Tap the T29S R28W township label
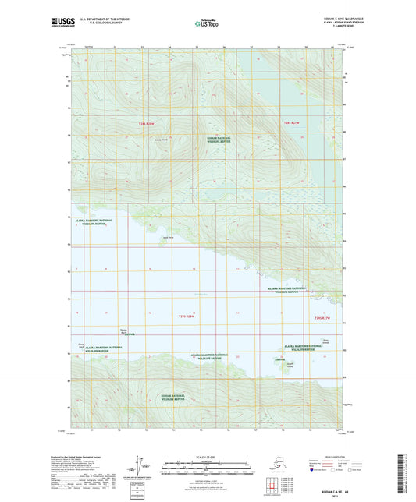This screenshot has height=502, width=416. point(179,316)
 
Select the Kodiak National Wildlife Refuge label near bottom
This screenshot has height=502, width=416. point(173,398)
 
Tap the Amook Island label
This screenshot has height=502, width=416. point(290,364)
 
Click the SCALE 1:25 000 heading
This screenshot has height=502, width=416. point(207,457)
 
